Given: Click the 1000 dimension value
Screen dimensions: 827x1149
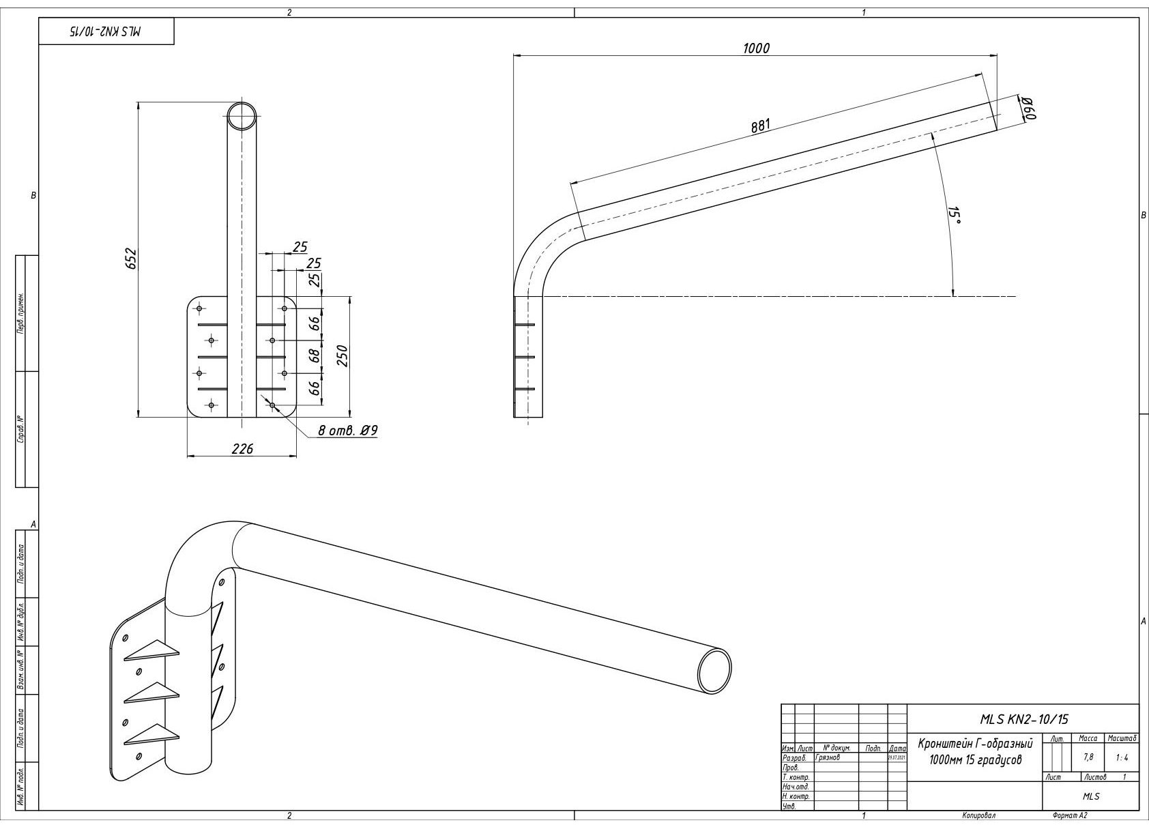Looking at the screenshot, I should tap(755, 48).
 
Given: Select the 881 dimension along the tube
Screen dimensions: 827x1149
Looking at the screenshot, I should tap(761, 126).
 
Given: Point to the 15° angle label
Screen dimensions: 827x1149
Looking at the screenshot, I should tap(954, 216).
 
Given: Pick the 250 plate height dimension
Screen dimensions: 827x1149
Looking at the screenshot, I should tap(343, 356).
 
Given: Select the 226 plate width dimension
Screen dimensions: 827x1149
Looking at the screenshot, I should tap(242, 448).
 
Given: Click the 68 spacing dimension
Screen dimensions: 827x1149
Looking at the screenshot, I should tap(315, 356).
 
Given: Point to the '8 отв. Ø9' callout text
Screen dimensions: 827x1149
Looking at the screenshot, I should tap(348, 431).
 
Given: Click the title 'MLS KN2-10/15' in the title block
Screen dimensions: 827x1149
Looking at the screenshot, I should tap(1023, 719).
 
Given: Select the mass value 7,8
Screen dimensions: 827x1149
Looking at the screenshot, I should tap(1088, 757).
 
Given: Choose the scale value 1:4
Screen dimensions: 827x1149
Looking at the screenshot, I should tap(1122, 757).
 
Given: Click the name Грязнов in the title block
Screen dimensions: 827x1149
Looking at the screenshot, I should tap(828, 757).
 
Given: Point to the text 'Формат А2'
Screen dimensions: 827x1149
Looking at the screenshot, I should tap(1069, 815).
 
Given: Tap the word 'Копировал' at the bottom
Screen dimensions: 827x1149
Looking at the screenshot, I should tap(978, 815).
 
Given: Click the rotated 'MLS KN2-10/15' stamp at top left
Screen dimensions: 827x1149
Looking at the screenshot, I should tap(106, 32).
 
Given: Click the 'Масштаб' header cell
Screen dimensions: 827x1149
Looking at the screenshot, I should tap(1122, 738).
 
